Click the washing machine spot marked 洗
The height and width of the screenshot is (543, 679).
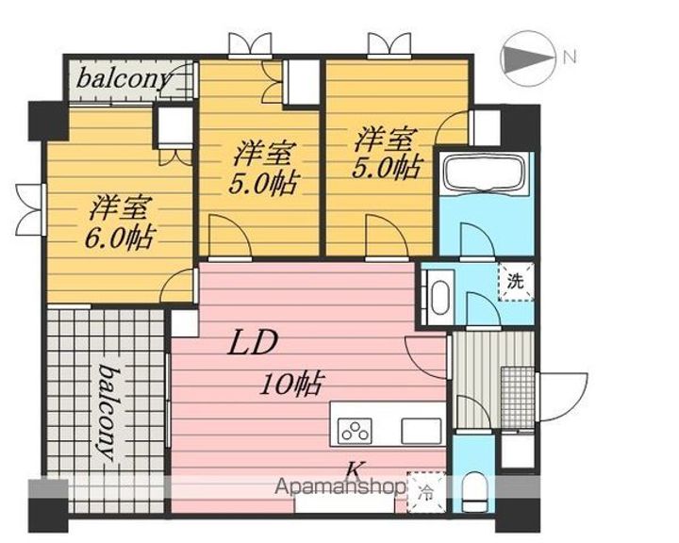point(516,280)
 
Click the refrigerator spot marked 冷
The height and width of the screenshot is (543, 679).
point(425,489)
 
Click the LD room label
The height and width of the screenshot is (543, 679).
point(250,343)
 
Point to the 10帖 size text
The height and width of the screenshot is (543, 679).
point(292,384)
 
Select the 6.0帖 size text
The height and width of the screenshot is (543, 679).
point(124,235)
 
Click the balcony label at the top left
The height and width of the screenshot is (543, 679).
point(124,78)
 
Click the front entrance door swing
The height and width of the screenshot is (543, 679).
point(564,396)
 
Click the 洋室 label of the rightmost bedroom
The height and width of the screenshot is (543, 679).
point(384,139)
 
